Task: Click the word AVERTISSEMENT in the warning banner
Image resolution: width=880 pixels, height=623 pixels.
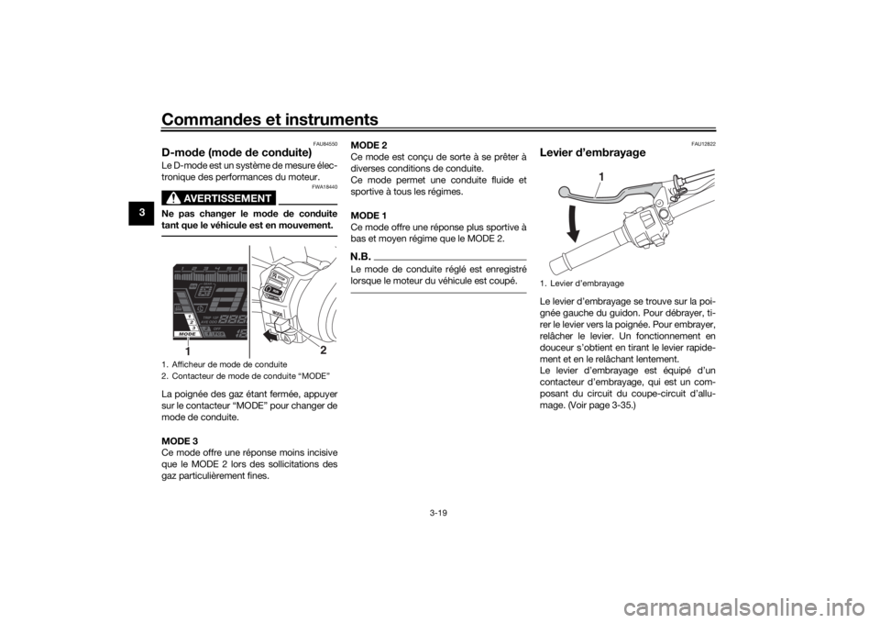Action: point(227,198)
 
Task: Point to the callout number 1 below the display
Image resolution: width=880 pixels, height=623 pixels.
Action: point(188,350)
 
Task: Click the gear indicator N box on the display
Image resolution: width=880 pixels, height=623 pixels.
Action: point(205,290)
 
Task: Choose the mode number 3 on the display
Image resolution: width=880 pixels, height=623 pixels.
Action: point(193,327)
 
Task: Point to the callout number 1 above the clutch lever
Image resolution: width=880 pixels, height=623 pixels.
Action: point(601,174)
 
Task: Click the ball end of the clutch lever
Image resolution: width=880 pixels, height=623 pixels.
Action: point(566,191)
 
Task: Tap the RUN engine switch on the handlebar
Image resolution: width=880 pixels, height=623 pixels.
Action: point(274,290)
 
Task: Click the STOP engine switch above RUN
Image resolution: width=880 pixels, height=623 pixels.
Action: point(280,275)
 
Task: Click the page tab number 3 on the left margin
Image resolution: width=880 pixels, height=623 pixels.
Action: point(142,213)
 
